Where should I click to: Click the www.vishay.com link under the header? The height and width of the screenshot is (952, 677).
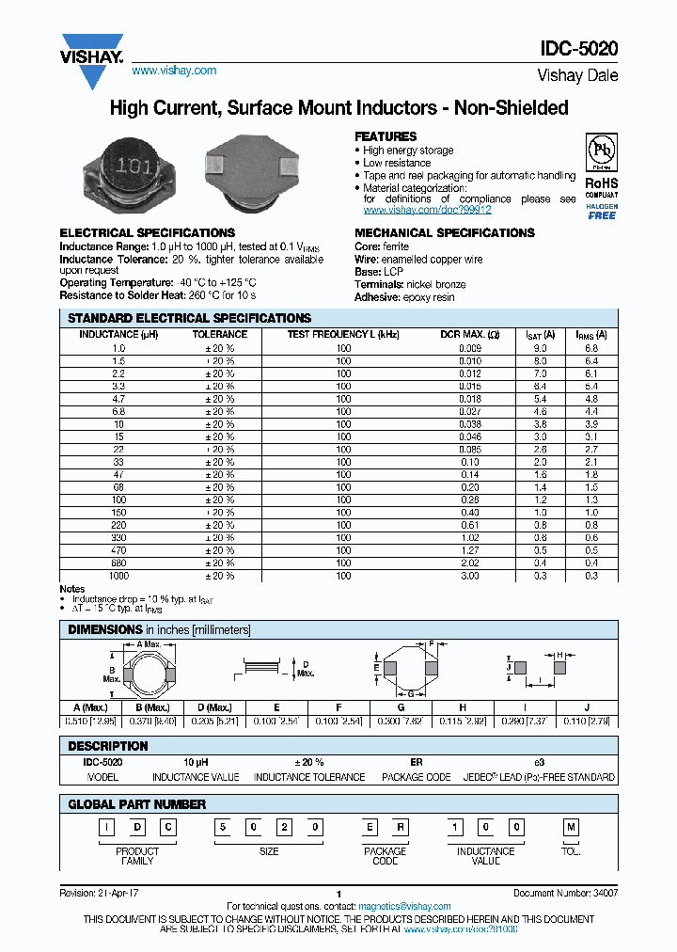point(174,71)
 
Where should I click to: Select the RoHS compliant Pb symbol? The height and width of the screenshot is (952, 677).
point(601,151)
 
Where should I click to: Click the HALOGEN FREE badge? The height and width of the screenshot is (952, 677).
point(602,211)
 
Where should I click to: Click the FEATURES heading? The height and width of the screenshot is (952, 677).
point(386,136)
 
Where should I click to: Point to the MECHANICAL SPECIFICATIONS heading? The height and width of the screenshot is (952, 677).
point(444,233)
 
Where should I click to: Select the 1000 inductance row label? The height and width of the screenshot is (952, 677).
point(118,576)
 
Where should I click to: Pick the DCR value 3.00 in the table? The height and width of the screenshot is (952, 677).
point(469,576)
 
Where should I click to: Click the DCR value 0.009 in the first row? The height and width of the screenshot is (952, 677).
point(469,348)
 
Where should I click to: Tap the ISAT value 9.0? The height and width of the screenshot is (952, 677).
point(540,348)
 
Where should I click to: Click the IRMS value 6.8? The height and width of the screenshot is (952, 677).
point(591,348)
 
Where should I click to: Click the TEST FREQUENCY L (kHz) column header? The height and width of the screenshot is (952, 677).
point(343,334)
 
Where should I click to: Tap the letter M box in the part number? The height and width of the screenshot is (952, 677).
point(570,827)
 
